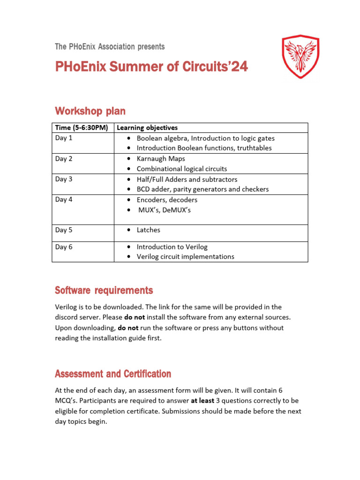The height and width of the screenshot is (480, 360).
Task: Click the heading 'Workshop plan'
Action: pos(90,111)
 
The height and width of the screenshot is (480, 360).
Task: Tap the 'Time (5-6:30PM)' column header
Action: pos(82,127)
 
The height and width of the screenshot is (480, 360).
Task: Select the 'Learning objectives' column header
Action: pos(147,127)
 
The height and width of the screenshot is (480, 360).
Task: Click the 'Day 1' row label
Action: pos(64,138)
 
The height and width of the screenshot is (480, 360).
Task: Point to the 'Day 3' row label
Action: pos(64,179)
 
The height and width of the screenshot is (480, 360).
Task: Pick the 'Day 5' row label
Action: pos(64,230)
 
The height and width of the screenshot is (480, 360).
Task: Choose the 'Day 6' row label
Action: pos(64,247)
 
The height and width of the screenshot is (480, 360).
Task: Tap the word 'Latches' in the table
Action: pos(149,230)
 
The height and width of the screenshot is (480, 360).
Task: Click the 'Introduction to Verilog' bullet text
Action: pos(172,247)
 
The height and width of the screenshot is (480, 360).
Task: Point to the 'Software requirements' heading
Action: pos(104,291)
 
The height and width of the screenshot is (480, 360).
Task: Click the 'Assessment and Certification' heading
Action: pos(112,374)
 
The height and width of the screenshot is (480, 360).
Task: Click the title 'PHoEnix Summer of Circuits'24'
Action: pos(151,67)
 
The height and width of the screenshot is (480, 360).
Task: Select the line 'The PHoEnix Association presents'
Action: pos(110,46)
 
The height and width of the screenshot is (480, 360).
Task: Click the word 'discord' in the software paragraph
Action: pos(67,317)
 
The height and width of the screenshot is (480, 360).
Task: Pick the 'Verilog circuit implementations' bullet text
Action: pos(185,256)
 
